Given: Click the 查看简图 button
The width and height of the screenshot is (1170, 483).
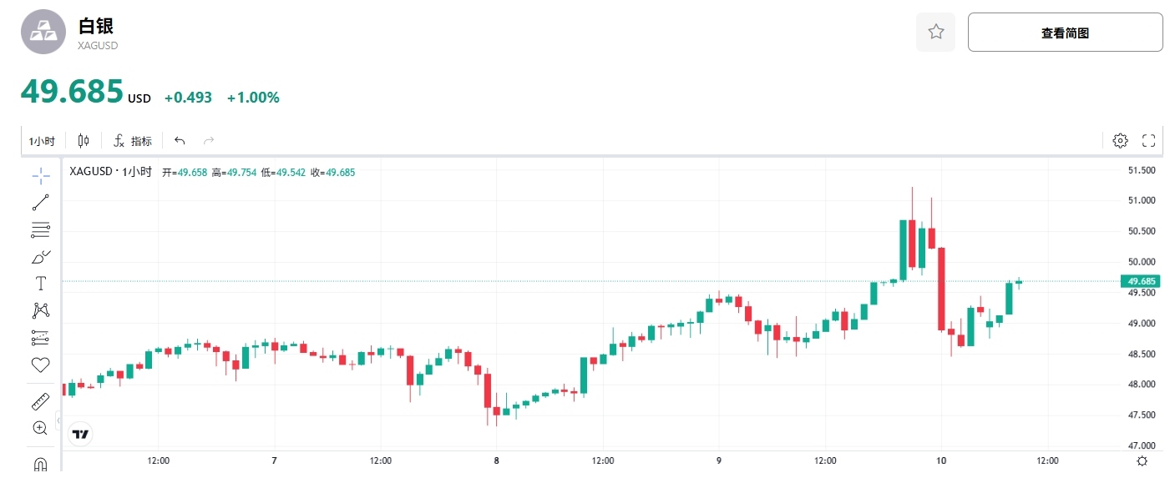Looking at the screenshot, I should [1065, 33].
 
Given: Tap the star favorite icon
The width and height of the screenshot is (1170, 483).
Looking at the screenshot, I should [935, 33].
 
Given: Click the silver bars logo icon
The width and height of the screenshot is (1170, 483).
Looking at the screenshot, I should [43, 32].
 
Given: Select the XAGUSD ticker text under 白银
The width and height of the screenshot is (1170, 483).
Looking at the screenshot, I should [98, 46].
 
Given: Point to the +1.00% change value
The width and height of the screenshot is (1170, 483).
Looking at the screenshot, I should [253, 98].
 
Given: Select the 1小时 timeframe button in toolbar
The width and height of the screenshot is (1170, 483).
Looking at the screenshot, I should [42, 141].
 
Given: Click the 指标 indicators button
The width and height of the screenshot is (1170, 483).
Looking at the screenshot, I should [133, 141].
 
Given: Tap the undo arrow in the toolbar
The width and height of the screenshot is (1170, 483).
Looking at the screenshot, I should [180, 141].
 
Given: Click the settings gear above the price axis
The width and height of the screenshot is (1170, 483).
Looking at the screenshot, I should [1120, 141].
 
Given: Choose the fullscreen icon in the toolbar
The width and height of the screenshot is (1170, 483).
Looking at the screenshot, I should [1148, 141].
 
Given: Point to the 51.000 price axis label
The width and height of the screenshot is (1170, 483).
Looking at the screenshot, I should [1141, 200].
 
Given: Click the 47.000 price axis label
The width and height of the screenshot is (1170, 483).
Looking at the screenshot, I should [1141, 445].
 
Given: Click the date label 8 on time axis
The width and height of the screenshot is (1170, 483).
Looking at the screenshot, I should [496, 460].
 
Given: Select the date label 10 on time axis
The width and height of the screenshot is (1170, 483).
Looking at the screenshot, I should [941, 460].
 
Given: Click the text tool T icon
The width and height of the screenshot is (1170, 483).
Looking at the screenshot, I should [40, 284].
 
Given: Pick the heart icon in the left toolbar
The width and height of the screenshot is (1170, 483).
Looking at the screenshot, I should [40, 365].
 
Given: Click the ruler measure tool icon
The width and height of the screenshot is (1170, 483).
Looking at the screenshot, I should [40, 402].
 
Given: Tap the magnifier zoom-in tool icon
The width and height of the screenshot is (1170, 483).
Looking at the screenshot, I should [40, 428].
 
